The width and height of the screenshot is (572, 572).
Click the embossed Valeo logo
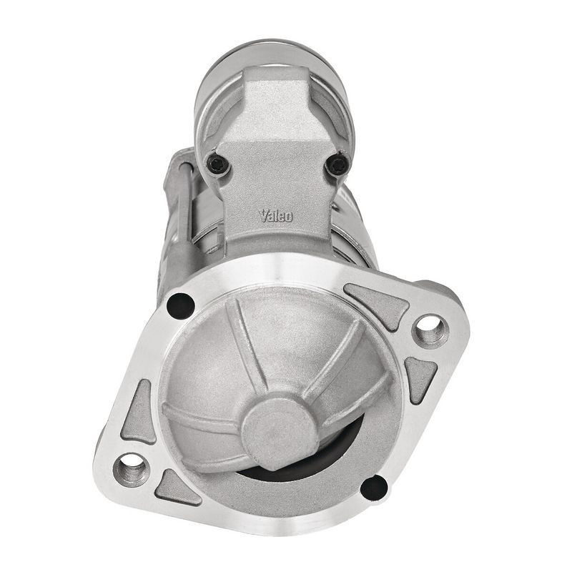[x=275, y=214]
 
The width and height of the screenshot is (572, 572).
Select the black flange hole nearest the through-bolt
[x=180, y=305]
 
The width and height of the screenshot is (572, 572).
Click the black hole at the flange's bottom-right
[x=373, y=488]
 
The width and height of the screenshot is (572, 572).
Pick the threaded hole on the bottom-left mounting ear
[x=132, y=470]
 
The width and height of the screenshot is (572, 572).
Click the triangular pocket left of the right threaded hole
[x=377, y=305]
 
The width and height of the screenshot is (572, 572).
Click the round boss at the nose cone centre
[x=279, y=428]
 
